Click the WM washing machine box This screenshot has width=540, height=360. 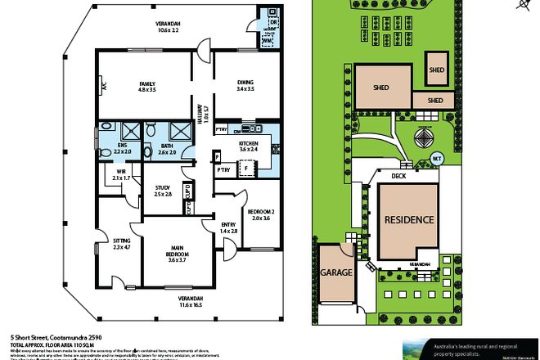(268, 39)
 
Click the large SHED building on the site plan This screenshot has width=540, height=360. (382, 88)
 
